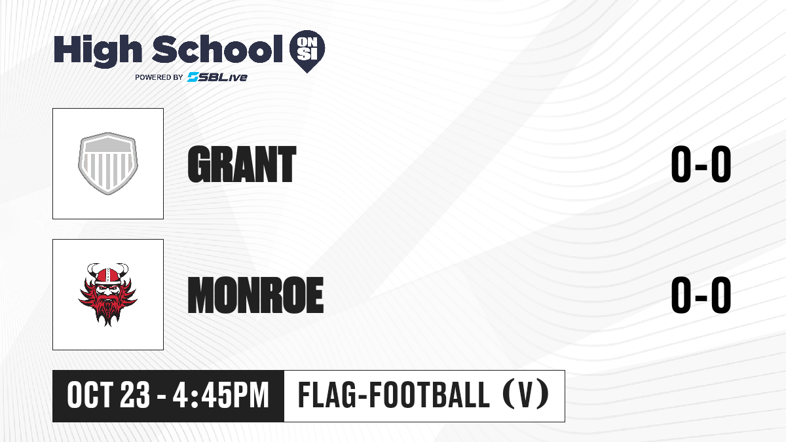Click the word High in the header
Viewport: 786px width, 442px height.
98,50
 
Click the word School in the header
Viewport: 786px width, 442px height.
217,49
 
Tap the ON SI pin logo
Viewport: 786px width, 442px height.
307,51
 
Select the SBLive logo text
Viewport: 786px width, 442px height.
217,77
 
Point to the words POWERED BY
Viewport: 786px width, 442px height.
159,77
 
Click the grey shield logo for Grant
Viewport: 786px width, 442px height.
107,164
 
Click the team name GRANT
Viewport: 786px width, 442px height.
242,164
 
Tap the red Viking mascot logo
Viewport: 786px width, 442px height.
107,295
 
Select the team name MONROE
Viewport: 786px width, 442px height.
255,295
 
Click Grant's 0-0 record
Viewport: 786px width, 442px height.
701,164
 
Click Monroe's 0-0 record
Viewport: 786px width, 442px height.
701,295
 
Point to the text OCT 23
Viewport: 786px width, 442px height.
109,396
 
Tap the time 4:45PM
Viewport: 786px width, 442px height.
221,396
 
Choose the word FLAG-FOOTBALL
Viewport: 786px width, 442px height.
394,396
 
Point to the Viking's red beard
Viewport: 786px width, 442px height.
107,308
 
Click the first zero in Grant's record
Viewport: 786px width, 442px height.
681,164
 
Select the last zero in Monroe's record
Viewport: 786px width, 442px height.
721,295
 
